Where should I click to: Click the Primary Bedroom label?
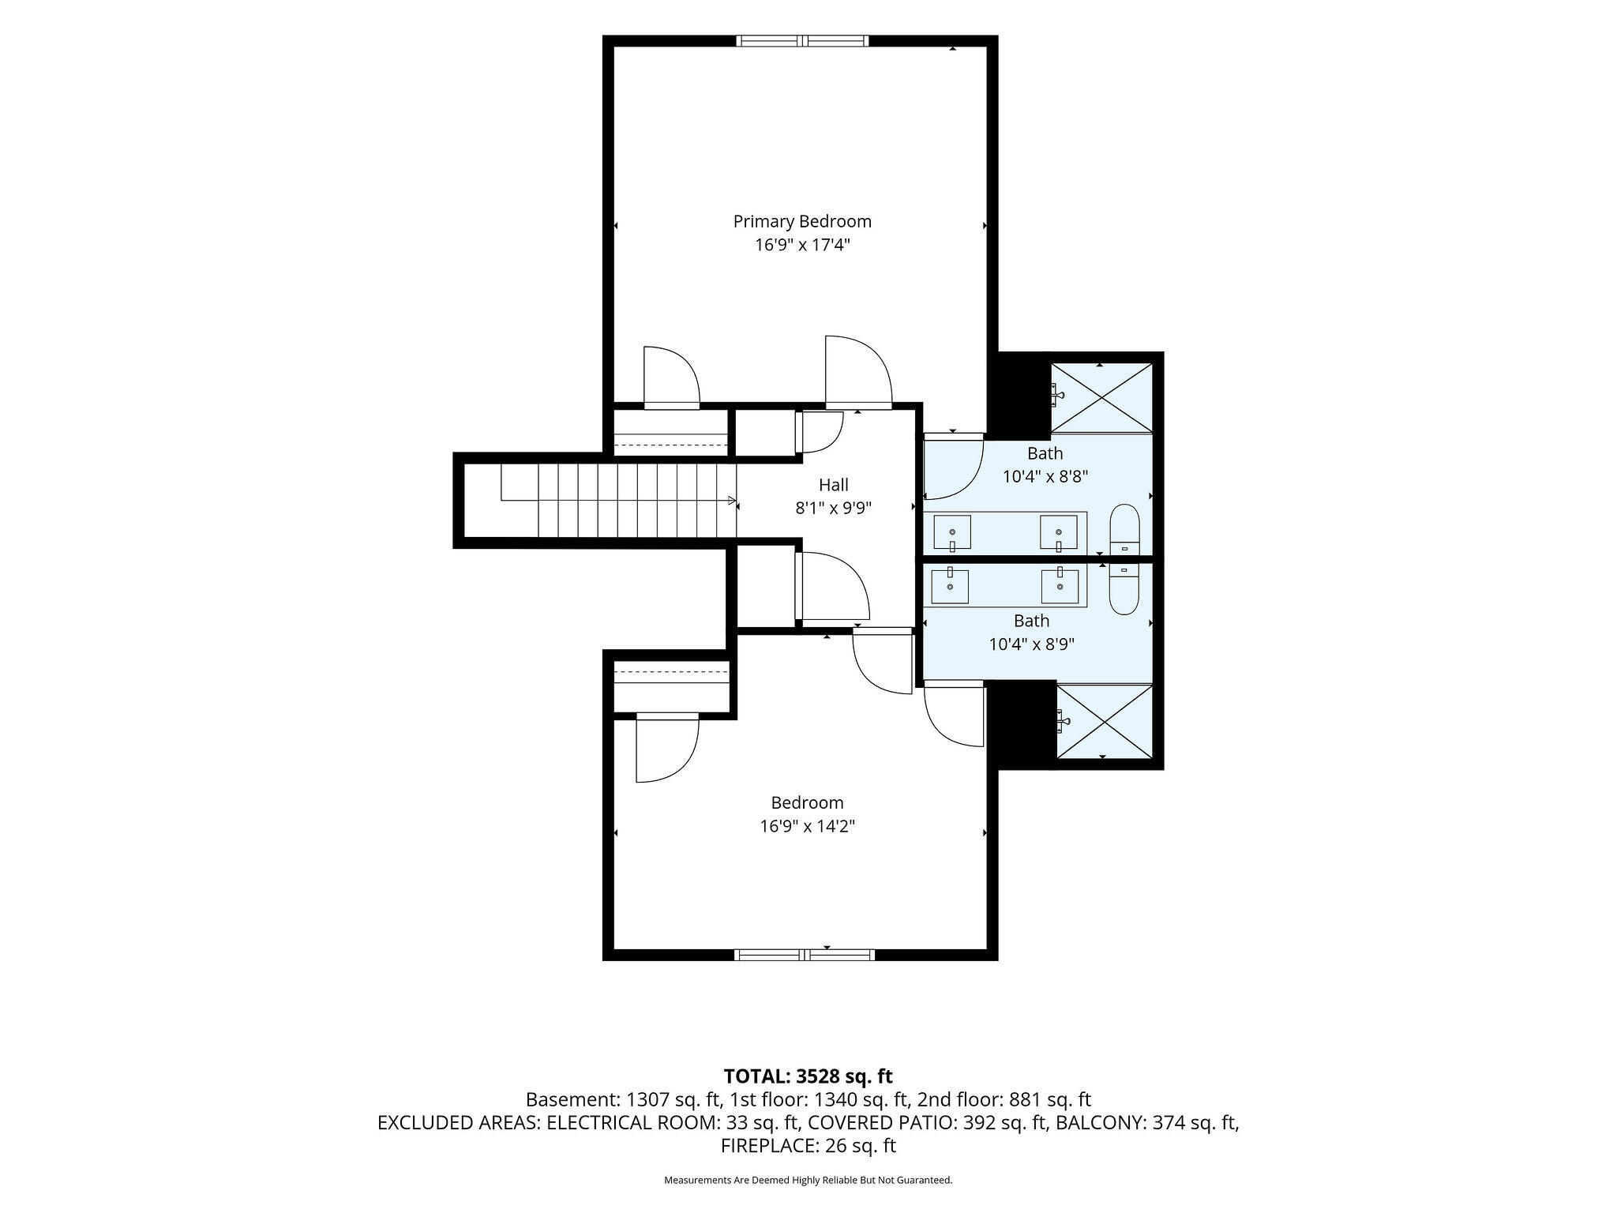click(x=802, y=221)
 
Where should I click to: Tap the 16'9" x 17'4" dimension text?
click(x=802, y=245)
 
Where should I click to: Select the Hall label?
click(x=834, y=485)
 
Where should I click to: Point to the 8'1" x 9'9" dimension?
click(x=834, y=509)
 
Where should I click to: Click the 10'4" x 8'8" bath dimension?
click(x=1045, y=477)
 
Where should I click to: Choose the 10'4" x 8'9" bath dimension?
click(x=1032, y=644)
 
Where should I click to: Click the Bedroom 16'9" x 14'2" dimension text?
click(x=808, y=827)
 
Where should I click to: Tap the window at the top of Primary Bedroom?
click(x=802, y=41)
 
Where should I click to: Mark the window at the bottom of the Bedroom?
click(x=805, y=955)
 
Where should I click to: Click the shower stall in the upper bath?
click(x=1101, y=398)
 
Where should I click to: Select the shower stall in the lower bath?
click(x=1105, y=721)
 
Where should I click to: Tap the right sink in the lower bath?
click(x=1060, y=586)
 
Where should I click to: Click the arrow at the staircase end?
click(x=732, y=501)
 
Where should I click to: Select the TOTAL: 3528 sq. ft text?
click(x=808, y=1076)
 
